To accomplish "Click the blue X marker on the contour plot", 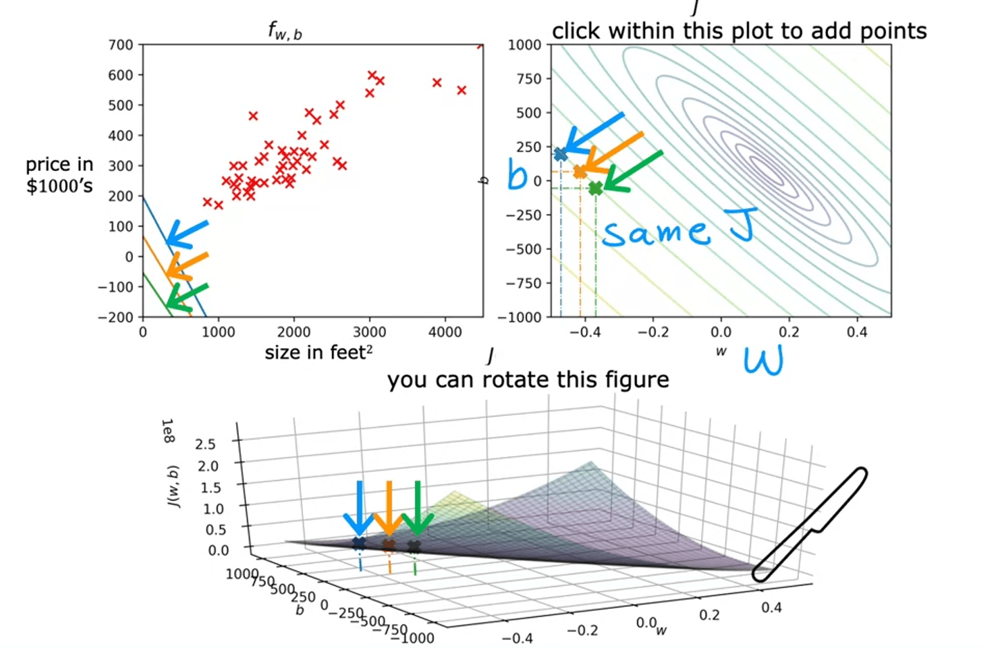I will [560, 154].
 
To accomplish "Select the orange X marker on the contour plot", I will [580, 172].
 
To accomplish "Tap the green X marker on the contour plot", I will [595, 188].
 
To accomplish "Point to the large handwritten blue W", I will [764, 360].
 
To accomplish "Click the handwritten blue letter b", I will [517, 174].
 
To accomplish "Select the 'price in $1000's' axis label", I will [59, 175].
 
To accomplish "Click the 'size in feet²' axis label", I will [318, 353].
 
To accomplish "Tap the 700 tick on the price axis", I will [120, 45].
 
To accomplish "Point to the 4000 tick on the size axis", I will [445, 332].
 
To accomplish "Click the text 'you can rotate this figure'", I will [528, 380].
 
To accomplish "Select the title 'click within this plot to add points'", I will [739, 31].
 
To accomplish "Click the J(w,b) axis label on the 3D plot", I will [173, 486].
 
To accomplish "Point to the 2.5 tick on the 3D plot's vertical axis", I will [205, 444].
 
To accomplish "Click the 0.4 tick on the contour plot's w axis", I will [856, 332].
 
